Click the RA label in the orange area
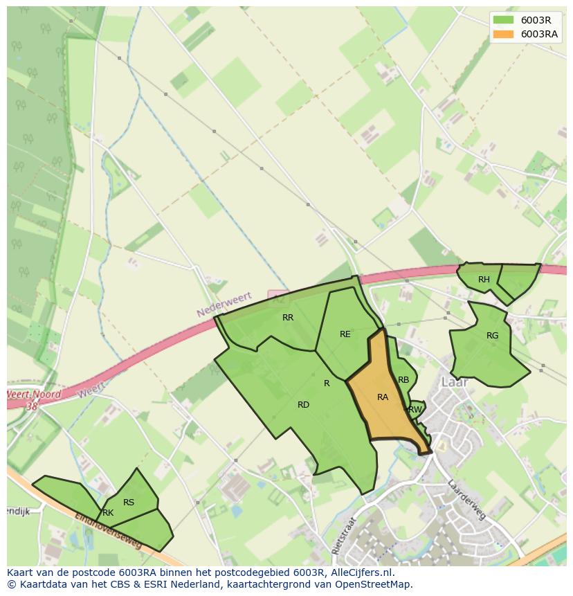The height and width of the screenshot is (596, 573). [x=383, y=397]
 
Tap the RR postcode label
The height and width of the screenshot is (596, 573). [x=288, y=318]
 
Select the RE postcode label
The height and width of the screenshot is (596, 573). [x=345, y=334]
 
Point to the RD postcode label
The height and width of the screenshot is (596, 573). [x=303, y=405]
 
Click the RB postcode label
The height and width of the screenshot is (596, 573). [x=403, y=380]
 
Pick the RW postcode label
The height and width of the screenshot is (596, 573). [x=415, y=410]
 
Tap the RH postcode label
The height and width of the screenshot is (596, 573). [x=484, y=280]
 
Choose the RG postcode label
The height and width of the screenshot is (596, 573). [x=492, y=336]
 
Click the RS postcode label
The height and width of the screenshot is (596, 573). [x=128, y=503]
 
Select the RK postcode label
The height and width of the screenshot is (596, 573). [x=107, y=513]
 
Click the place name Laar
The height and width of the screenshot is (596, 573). [x=455, y=382]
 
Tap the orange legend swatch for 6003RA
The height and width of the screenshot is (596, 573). [x=504, y=34]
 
